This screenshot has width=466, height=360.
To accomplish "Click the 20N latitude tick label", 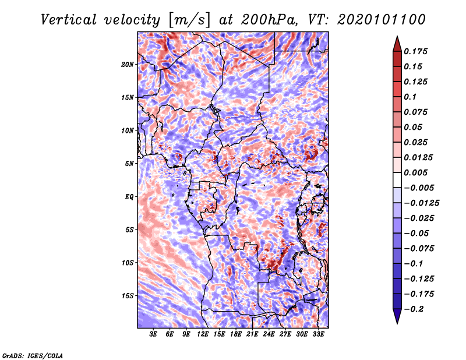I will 128,64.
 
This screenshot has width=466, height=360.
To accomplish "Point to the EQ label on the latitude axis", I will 129,197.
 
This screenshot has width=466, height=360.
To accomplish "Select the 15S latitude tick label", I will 128,296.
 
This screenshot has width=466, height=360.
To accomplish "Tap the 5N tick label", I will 129,164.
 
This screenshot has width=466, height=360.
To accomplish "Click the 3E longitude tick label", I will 154,334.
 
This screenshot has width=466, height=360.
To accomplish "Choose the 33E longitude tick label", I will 319,334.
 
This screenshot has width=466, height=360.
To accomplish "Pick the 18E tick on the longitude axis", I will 236,334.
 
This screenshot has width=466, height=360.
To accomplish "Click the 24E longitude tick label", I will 269,334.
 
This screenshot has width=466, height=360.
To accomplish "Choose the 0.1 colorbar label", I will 411,97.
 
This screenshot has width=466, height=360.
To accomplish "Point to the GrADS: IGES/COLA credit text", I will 33,355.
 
